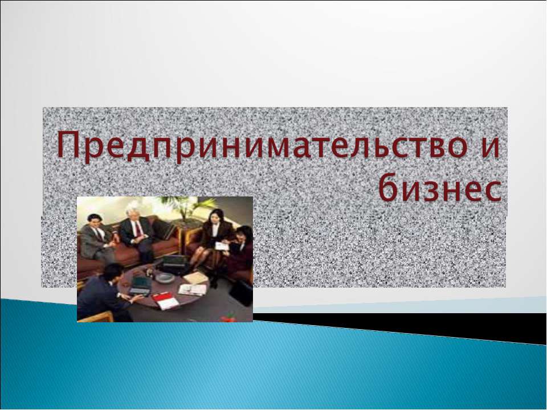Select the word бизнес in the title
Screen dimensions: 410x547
[438, 188]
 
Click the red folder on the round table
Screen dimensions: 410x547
[164, 300]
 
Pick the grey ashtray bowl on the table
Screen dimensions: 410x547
[165, 277]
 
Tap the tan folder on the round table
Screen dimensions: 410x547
[195, 277]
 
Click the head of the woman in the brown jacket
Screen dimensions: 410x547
[215, 217]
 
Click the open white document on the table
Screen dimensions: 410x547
[192, 289]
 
